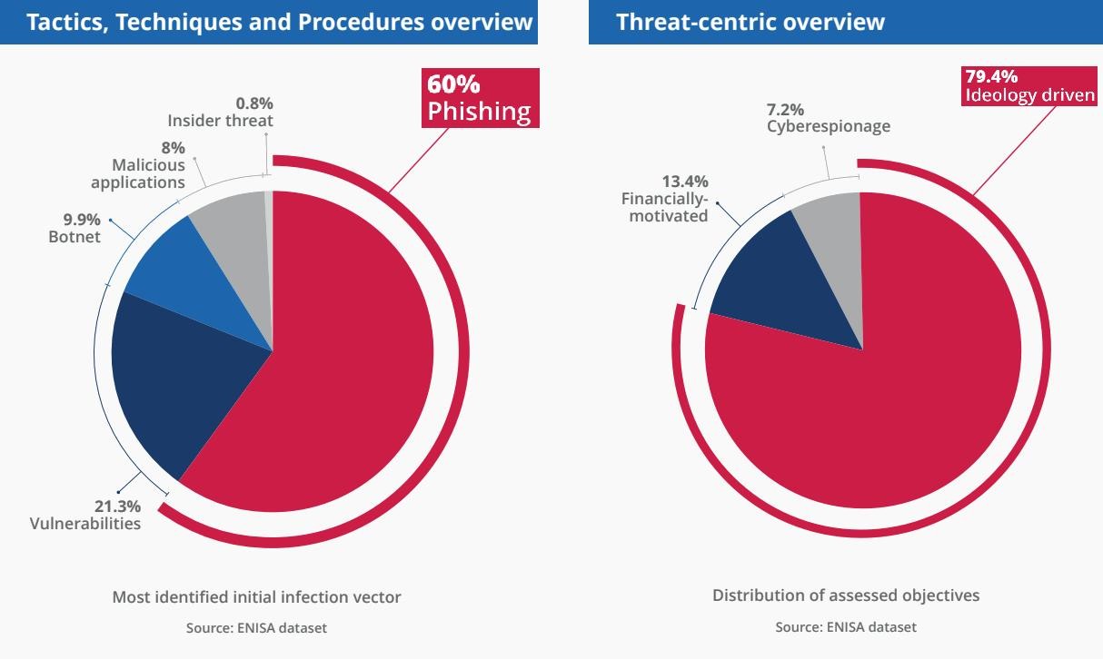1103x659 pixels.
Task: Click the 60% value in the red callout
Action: [453, 84]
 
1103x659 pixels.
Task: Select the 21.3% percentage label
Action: [118, 507]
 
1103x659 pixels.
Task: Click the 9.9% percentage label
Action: [81, 221]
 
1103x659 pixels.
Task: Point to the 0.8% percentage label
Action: [254, 103]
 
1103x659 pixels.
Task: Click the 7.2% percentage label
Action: [785, 110]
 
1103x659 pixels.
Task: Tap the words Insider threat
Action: [220, 120]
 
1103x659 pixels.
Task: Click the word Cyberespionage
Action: [828, 126]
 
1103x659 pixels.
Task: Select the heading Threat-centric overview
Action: [750, 22]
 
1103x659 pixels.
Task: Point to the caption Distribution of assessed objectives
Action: [846, 595]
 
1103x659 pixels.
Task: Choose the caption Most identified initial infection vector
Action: [256, 597]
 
